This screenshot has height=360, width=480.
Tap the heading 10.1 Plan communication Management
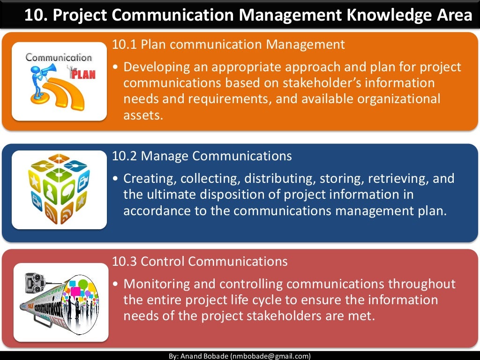coord(228,45)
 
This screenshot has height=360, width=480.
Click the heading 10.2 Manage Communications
coord(202,156)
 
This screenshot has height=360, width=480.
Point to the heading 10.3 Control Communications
coord(200,261)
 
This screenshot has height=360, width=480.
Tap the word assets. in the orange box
coord(143,115)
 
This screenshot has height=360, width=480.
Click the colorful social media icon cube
coord(58,188)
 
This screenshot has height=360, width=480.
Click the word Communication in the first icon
coord(58,58)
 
